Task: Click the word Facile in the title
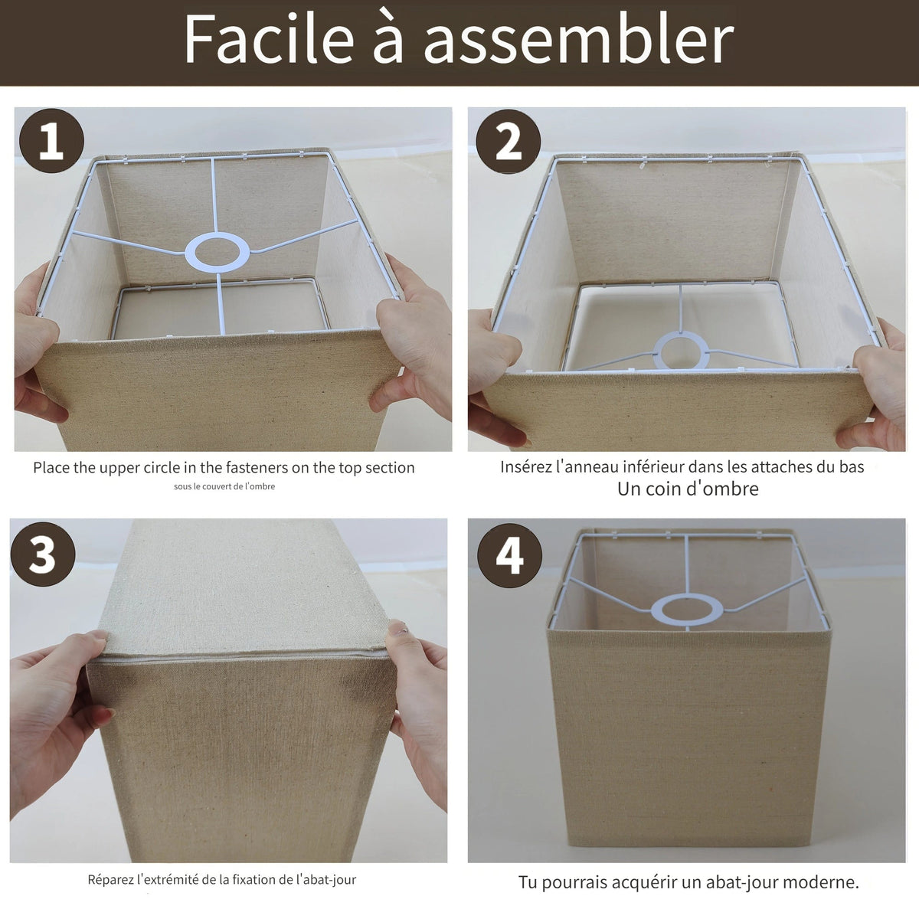(269, 38)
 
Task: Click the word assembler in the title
(578, 40)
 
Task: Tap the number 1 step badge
(51, 141)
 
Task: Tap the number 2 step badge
(509, 142)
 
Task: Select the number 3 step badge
(43, 554)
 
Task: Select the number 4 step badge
(510, 555)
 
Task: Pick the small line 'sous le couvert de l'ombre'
(224, 486)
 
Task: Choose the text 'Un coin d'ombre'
(688, 489)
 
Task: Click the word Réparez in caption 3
(110, 880)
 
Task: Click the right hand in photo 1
(413, 338)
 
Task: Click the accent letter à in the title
(387, 40)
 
